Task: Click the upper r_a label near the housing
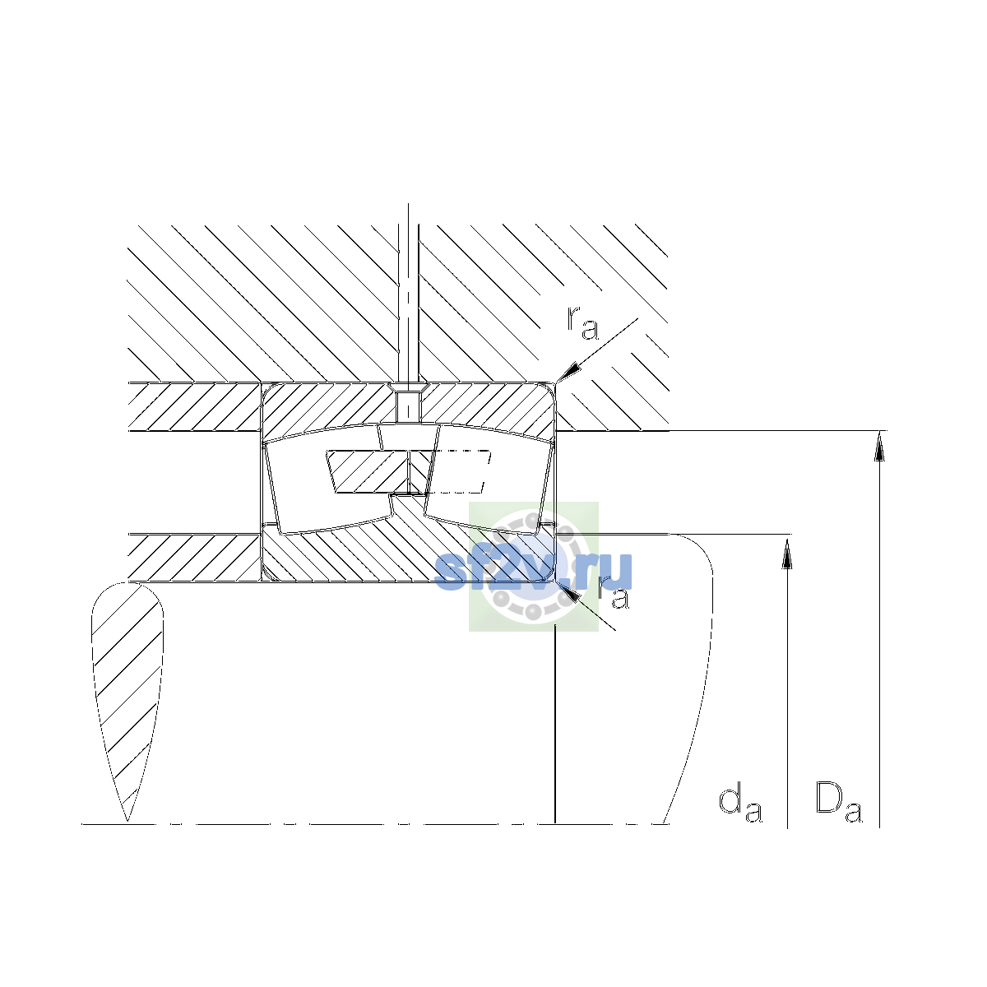[582, 324]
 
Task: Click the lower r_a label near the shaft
[613, 592]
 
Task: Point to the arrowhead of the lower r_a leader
[568, 592]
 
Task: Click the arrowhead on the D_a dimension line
[879, 446]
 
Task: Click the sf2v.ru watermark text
[533, 571]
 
